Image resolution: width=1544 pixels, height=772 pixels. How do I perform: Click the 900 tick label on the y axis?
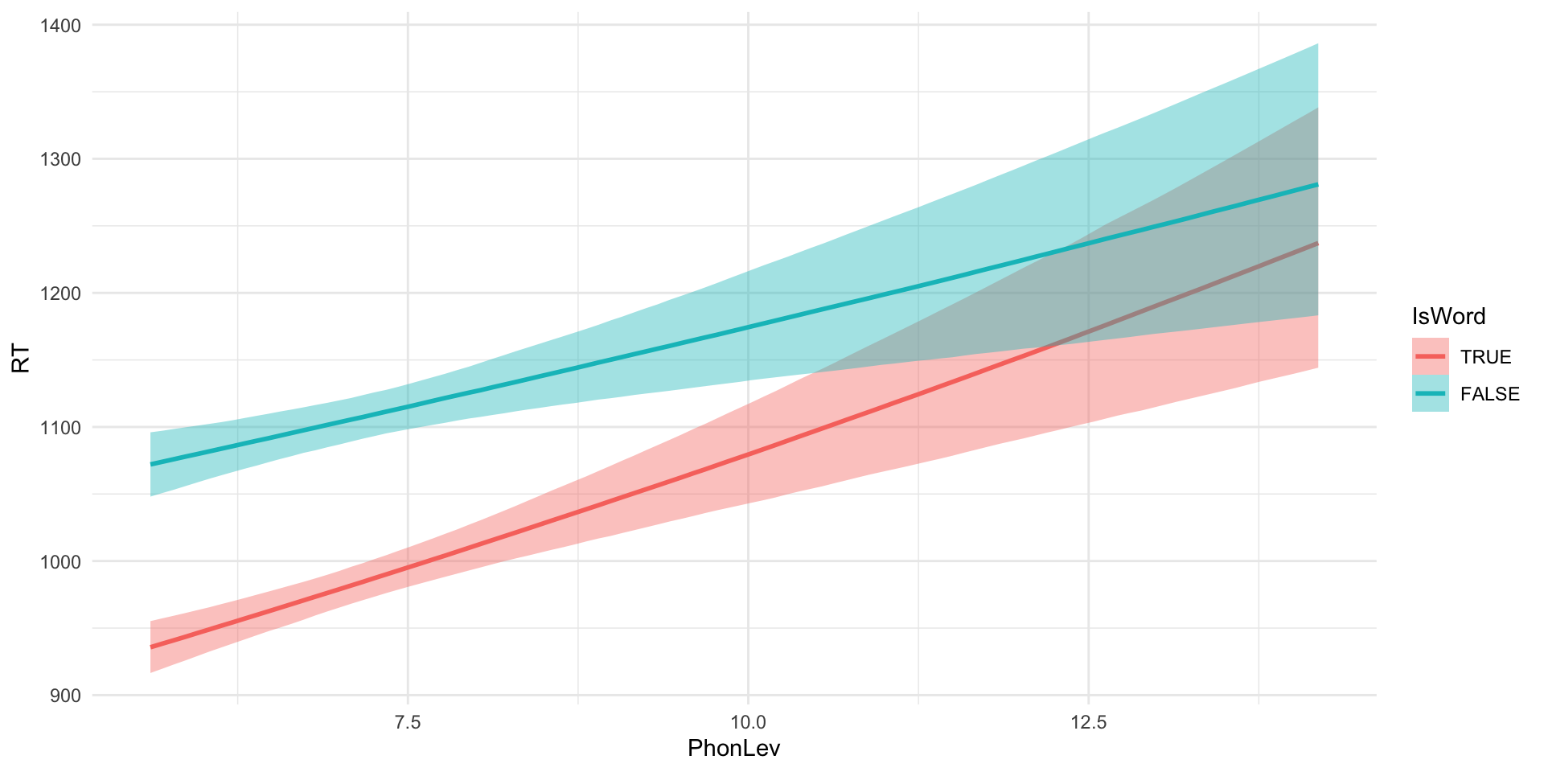pos(64,696)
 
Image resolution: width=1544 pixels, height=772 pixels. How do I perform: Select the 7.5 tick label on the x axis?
pos(408,721)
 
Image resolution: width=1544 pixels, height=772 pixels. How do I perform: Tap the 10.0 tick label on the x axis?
pos(748,721)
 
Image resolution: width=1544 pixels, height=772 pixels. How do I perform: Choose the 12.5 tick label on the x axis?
pos(1088,721)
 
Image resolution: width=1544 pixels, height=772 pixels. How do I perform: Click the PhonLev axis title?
pos(733,749)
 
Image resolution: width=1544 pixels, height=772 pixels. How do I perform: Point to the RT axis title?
pos(21,359)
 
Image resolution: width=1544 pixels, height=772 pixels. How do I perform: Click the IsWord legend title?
pos(1448,317)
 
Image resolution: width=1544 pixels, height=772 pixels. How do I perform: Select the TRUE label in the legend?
pos(1485,357)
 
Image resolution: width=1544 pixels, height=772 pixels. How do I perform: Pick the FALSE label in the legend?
pos(1489,394)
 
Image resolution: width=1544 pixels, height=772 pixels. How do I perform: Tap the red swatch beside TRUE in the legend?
pos(1430,356)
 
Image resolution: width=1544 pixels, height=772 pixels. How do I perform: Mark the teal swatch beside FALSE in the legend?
pos(1430,393)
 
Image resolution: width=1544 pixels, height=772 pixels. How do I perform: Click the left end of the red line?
pos(151,647)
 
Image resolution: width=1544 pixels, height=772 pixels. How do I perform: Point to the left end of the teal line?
pos(151,464)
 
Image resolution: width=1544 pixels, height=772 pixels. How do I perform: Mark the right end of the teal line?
pos(1317,185)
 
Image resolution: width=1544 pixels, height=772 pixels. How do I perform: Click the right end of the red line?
pos(1317,243)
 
